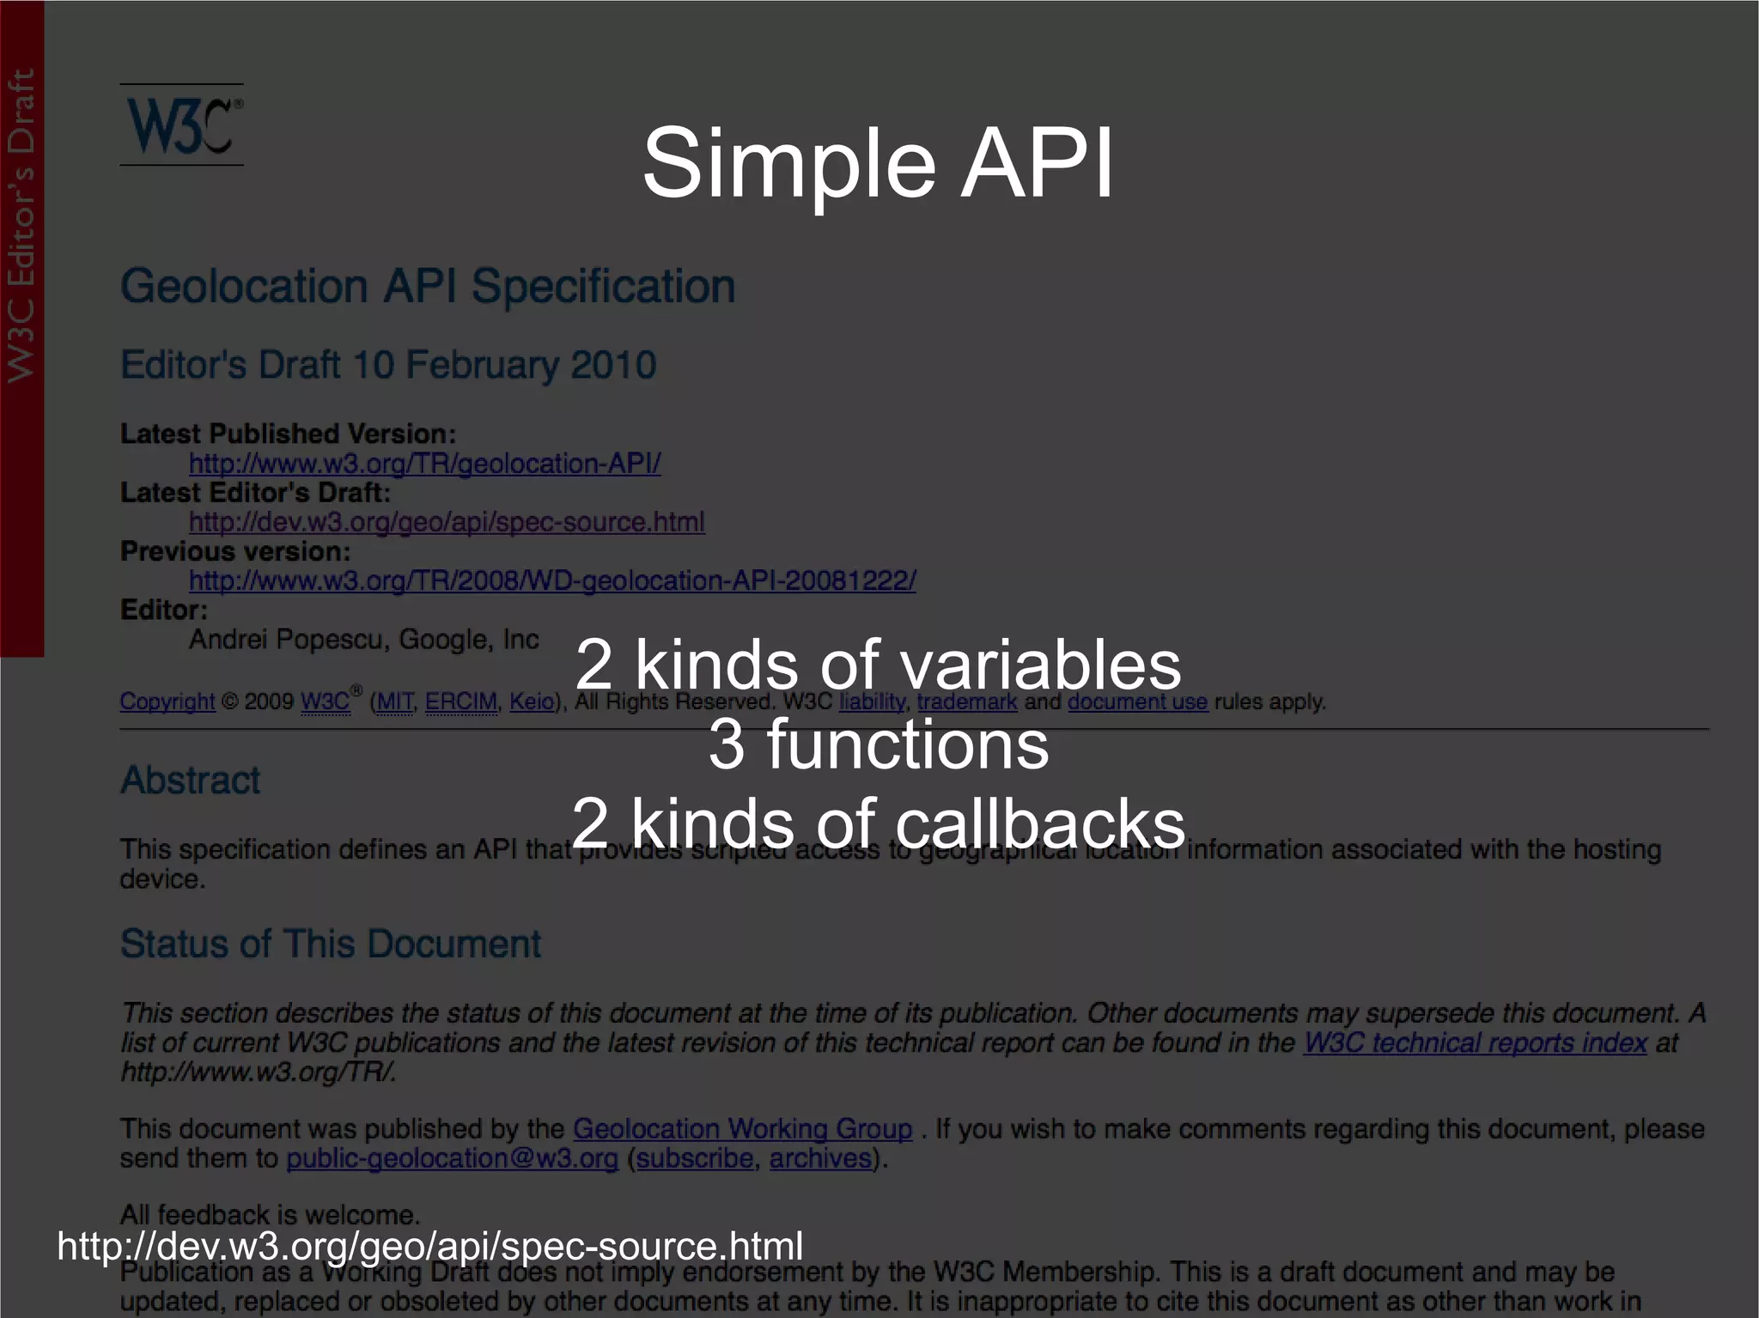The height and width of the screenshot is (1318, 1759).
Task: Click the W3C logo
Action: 182,125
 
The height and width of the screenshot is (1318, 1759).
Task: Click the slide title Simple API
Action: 878,163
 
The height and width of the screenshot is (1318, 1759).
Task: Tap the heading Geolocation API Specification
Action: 428,286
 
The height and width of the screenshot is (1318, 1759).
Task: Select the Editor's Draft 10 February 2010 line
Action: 388,365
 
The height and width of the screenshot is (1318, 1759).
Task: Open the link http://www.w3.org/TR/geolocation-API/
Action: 425,464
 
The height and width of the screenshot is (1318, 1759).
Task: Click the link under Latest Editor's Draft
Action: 447,522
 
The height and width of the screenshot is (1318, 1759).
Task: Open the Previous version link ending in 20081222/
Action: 552,581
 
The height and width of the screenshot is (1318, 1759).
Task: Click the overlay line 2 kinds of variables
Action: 878,665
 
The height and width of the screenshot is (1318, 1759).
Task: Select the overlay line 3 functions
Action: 878,744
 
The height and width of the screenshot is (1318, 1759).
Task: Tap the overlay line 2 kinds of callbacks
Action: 878,823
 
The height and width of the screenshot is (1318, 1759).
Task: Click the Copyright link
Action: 167,702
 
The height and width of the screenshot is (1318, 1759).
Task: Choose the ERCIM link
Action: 461,702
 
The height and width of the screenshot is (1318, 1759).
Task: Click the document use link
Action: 1137,702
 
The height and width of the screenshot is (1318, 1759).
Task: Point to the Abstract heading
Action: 190,780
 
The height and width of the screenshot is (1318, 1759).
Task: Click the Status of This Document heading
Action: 331,944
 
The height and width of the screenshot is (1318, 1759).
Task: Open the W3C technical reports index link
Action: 1475,1043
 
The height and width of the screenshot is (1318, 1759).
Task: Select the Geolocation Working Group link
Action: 742,1129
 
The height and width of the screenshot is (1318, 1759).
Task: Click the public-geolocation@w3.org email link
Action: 453,1159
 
